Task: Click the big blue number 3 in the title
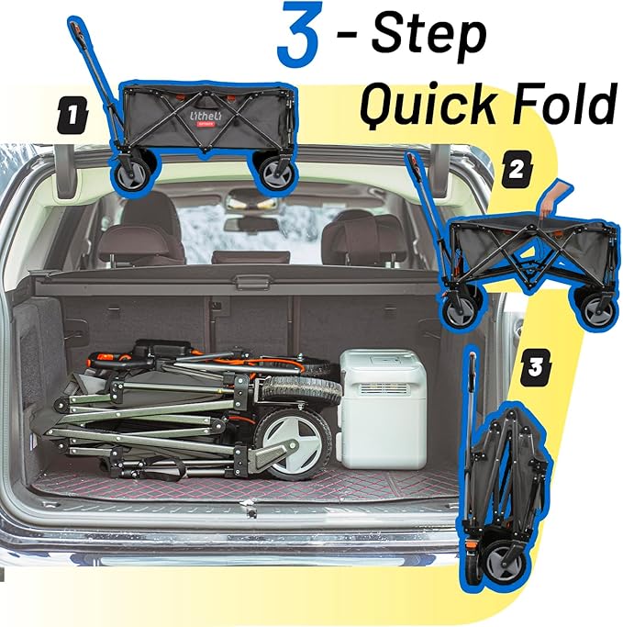(299, 34)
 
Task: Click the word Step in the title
(428, 37)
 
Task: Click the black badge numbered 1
(72, 115)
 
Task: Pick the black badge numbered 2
(517, 169)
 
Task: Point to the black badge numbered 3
(536, 367)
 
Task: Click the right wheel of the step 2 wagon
(598, 310)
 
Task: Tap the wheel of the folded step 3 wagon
(505, 562)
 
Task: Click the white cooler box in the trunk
(382, 409)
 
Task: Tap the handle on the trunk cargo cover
(248, 283)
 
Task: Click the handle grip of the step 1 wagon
(78, 34)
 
